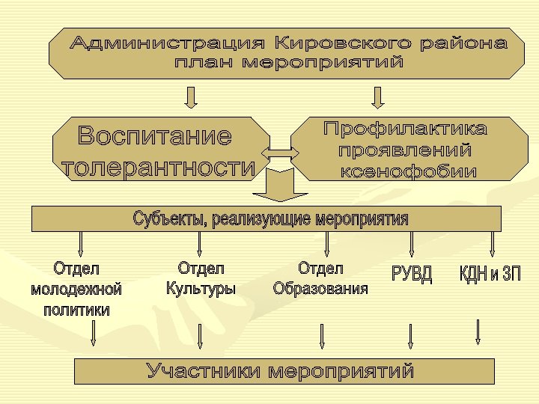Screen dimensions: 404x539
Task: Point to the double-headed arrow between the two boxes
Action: tap(278, 153)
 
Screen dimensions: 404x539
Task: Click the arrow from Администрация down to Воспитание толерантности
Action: tap(192, 97)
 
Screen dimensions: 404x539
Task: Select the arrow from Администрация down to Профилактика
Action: tap(377, 97)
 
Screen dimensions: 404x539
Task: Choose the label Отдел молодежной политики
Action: tap(76, 288)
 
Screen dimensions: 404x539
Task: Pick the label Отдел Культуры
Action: tap(201, 278)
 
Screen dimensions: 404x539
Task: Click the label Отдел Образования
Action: tap(320, 278)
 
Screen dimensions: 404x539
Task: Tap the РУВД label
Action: tap(412, 274)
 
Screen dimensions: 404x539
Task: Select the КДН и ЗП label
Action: tap(490, 274)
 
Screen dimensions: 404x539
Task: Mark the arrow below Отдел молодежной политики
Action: tap(94, 334)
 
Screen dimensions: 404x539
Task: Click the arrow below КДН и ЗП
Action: tap(478, 331)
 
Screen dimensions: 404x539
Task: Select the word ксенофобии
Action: tap(409, 171)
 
